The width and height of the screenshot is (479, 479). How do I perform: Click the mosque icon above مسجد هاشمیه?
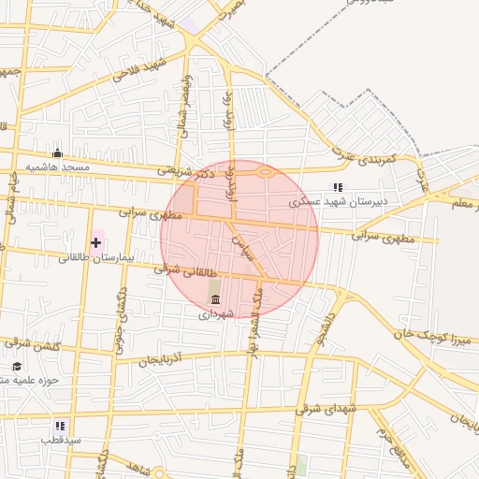(x=58, y=153)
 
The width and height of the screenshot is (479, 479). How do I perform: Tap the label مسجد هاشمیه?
(x=57, y=167)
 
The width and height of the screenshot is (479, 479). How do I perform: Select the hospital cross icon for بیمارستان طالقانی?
(x=95, y=242)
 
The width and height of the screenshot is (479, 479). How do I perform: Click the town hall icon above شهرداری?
(x=216, y=299)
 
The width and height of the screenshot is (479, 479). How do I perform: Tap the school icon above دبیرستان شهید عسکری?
(x=338, y=188)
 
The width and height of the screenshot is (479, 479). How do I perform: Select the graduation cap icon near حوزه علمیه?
(x=17, y=366)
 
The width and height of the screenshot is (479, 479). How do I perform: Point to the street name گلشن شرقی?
(x=35, y=347)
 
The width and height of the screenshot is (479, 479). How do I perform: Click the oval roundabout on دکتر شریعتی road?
(x=265, y=172)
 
